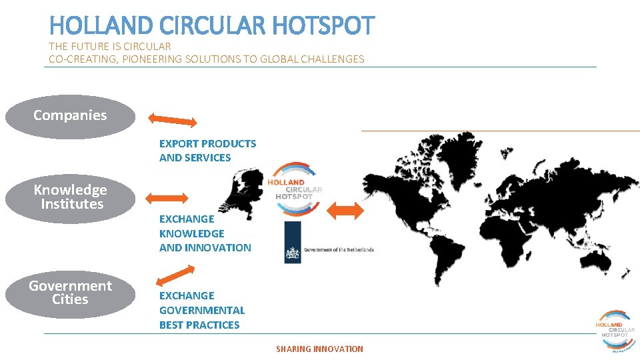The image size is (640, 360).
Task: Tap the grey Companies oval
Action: point(70,115)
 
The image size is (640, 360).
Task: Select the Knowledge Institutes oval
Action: point(70,197)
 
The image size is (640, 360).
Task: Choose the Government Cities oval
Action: point(70,293)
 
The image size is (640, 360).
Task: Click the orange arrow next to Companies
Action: point(173,120)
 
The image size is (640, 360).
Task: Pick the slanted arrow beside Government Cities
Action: point(175,274)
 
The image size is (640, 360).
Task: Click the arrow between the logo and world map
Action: point(346,210)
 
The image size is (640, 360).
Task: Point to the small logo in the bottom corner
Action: point(614,329)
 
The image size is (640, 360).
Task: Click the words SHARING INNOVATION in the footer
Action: point(319,349)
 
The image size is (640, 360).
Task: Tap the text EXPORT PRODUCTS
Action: point(207,143)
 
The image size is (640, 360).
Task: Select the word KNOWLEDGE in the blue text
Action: point(191,233)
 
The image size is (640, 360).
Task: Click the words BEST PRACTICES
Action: point(199,325)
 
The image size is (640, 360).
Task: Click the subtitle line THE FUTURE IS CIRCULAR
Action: point(110,47)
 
